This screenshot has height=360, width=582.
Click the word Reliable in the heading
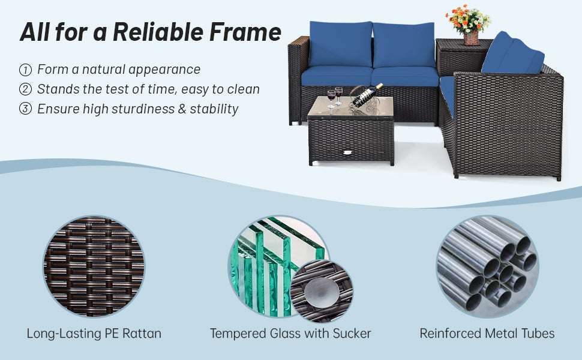point(158,32)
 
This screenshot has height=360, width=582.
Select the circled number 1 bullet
point(25,70)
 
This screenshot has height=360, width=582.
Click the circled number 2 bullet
point(25,89)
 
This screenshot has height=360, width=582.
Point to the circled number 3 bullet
point(25,109)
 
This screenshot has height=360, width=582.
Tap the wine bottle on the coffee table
point(367,95)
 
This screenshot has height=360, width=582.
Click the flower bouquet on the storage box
point(469,19)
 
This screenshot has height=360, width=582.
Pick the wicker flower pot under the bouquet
point(472,38)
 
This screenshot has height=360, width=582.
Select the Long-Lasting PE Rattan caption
point(94,333)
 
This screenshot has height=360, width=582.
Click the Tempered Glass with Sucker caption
point(290,333)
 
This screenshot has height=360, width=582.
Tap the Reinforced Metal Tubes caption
point(487,333)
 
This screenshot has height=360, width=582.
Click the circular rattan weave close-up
point(94,266)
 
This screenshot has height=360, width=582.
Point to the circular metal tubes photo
point(488,266)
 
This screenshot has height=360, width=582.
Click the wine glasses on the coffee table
point(334,98)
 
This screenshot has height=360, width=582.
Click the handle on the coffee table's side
point(347,152)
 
